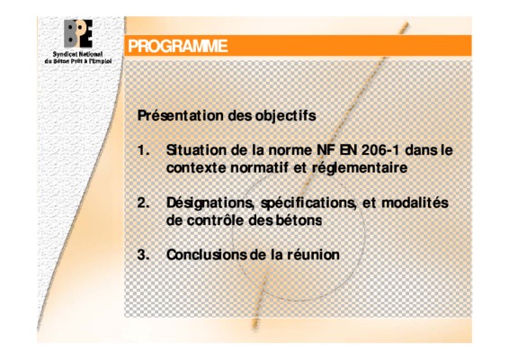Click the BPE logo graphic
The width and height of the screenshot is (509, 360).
[78, 34]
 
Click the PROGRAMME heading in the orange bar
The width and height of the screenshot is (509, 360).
[177, 46]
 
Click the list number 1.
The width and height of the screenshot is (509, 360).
[143, 150]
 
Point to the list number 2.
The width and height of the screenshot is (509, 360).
[143, 203]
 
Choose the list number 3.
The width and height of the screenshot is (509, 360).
[143, 255]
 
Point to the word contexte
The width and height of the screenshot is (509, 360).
[196, 168]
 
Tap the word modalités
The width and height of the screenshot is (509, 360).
[415, 202]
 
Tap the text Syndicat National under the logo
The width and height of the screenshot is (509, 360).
[77, 55]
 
